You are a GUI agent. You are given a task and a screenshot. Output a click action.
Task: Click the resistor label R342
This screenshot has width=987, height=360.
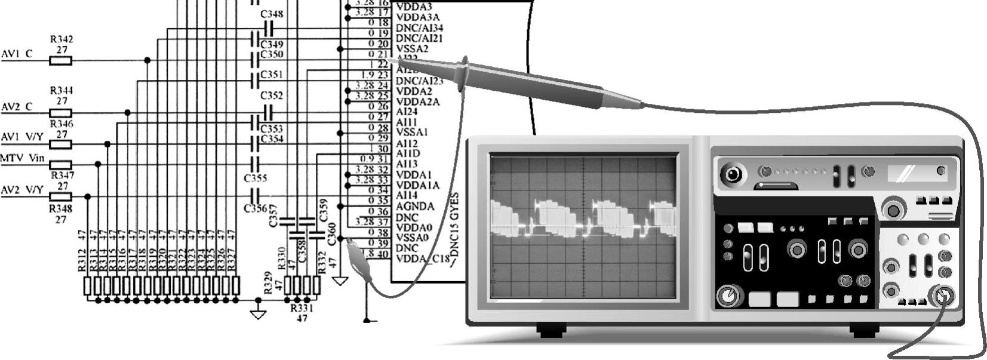[62, 39]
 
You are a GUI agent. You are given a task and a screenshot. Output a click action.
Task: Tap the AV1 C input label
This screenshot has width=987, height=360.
[17, 54]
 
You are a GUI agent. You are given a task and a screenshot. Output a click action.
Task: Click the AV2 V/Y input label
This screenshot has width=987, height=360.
[22, 190]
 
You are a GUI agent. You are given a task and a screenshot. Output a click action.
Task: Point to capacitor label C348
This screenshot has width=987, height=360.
[272, 14]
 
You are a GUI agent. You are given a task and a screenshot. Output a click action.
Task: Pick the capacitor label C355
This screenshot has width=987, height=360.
[255, 178]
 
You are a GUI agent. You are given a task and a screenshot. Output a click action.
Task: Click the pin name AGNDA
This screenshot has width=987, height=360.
[415, 206]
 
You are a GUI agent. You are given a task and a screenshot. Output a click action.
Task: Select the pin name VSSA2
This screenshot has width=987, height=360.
[412, 48]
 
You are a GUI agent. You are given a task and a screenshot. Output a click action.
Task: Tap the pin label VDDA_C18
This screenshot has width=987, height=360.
[422, 259]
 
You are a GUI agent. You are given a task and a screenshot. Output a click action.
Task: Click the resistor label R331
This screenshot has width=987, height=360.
[302, 309]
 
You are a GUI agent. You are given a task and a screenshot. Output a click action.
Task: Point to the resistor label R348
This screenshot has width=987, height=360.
[61, 209]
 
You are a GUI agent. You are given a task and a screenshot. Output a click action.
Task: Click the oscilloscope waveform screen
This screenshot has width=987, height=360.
[583, 226]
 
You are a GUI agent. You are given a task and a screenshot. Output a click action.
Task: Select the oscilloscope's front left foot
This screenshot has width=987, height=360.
[551, 330]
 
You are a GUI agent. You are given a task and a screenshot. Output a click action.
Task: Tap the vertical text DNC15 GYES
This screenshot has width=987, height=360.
[455, 229]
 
